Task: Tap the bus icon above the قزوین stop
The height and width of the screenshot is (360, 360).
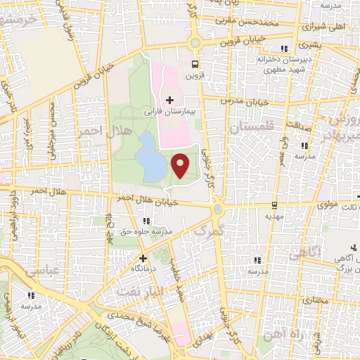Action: click(195, 60)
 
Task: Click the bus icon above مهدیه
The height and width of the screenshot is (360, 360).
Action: click(274, 206)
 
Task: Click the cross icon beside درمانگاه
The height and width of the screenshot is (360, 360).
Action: click(143, 258)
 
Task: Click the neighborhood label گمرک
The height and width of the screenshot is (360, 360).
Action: click(210, 230)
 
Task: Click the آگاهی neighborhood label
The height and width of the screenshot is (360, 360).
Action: click(314, 251)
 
